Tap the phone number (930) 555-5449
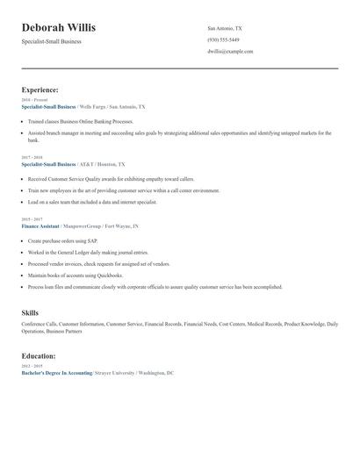pyautogui.click(x=223, y=39)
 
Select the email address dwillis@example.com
pyautogui.click(x=230, y=52)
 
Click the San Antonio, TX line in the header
pyautogui.click(x=225, y=28)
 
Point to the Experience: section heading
pyautogui.click(x=40, y=89)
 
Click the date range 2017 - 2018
pyautogui.click(x=32, y=158)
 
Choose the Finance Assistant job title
pyautogui.click(x=40, y=225)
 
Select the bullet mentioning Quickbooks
pyautogui.click(x=76, y=275)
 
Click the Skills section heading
pyautogui.click(x=30, y=312)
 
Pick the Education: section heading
pyautogui.click(x=39, y=356)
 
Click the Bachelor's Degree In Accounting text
pyautogui.click(x=56, y=373)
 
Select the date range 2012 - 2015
pyautogui.click(x=32, y=367)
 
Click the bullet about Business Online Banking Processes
pyautogui.click(x=81, y=121)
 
